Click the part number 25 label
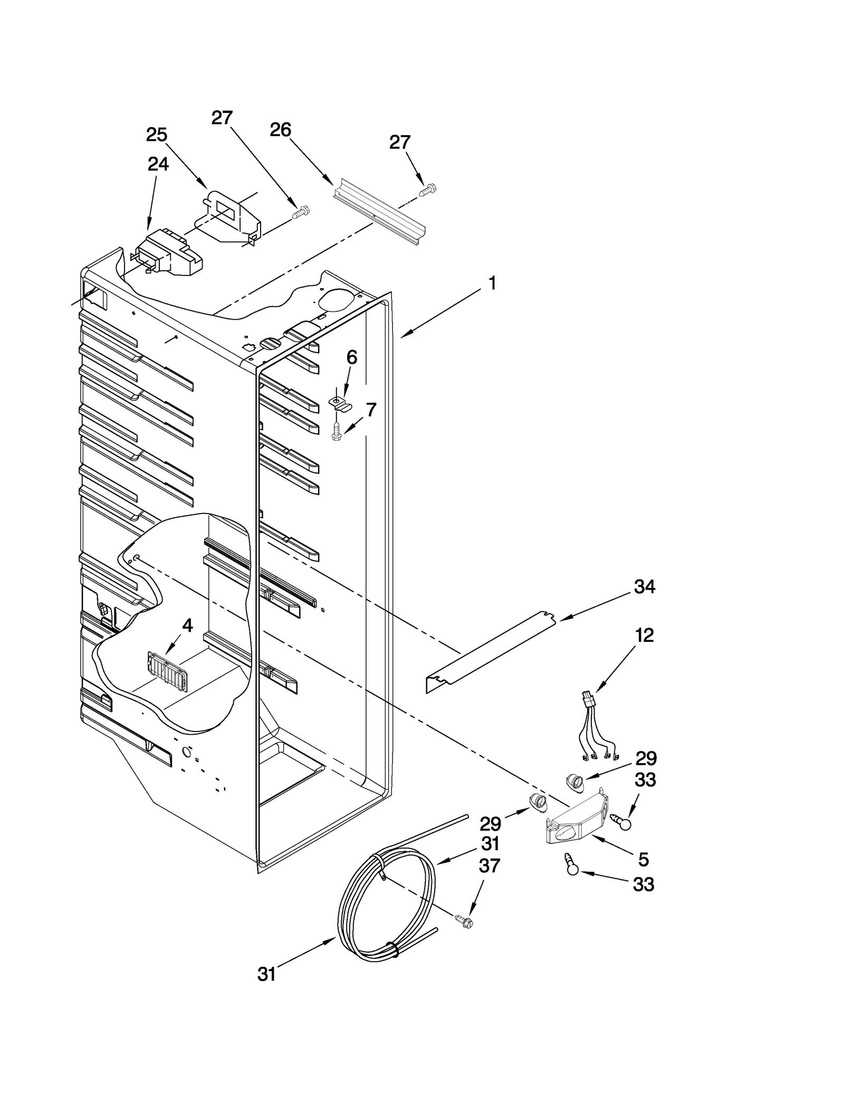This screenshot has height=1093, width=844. point(157,135)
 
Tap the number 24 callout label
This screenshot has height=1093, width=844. point(158,165)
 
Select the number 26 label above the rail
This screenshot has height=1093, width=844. point(280,130)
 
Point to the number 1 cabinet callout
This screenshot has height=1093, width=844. point(492,283)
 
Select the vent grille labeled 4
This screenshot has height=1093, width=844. point(167,671)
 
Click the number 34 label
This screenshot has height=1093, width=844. point(644,586)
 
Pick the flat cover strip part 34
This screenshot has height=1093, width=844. point(491,651)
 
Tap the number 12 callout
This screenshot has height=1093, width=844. point(644,635)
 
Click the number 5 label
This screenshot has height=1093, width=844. point(643,859)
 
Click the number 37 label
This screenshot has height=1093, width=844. point(489,880)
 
